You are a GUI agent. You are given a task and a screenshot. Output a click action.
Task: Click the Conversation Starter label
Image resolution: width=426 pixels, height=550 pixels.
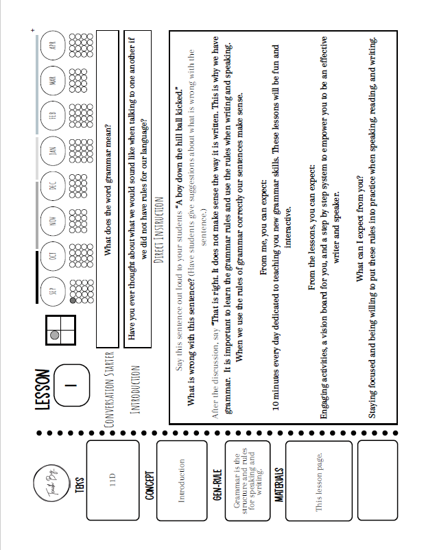[107, 389]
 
